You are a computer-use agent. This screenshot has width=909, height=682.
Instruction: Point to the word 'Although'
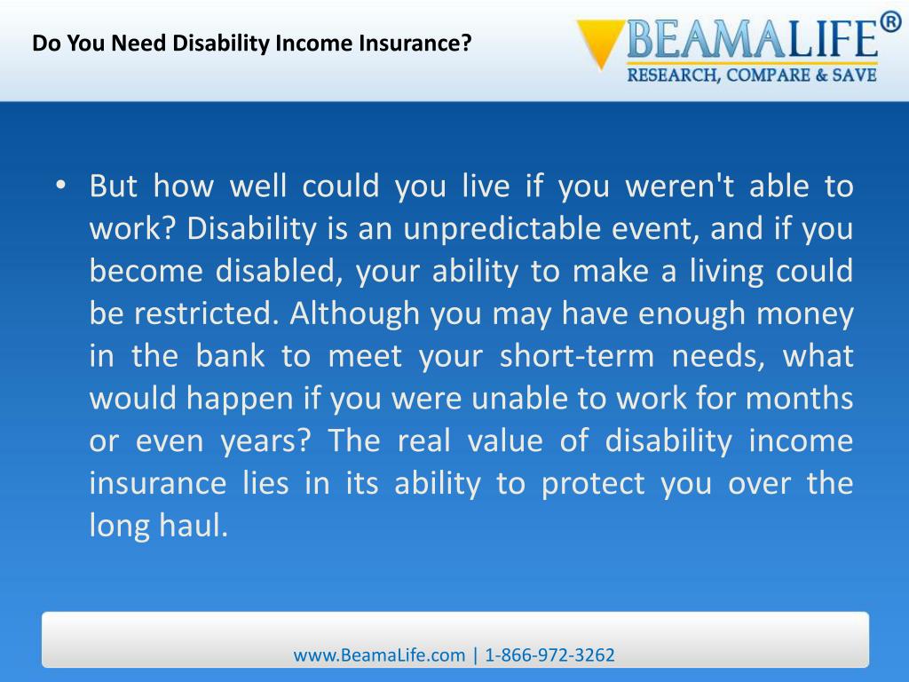(355, 314)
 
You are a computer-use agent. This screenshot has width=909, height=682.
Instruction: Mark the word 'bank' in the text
(230, 357)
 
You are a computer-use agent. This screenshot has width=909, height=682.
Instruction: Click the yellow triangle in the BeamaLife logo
(600, 44)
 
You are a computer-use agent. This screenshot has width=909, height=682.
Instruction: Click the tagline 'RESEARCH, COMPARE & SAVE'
(752, 75)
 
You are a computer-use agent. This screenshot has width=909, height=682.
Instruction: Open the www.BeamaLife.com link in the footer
(379, 655)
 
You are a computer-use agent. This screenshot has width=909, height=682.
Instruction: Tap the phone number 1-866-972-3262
(549, 655)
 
